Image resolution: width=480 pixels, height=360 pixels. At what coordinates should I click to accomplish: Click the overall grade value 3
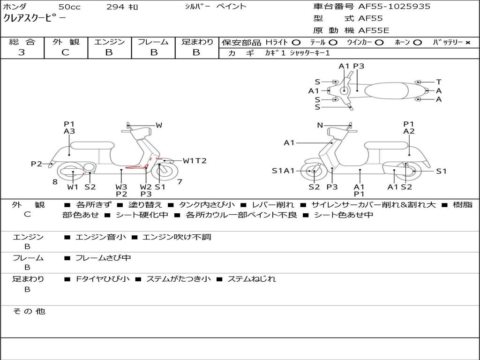22,52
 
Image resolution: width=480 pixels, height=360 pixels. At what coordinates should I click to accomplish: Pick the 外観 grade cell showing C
66,52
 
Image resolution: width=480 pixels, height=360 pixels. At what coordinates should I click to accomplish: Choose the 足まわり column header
197,42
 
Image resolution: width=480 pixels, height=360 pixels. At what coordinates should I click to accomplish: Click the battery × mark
468,43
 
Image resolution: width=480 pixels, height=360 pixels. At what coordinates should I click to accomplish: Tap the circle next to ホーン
418,43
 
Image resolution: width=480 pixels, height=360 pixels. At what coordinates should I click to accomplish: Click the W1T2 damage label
195,161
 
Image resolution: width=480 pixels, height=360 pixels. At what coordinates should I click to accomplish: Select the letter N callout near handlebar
320,125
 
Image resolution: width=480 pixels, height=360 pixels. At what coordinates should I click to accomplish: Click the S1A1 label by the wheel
283,171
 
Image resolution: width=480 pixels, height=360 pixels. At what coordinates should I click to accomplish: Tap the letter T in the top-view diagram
439,82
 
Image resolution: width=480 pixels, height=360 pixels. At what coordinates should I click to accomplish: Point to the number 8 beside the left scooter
55,182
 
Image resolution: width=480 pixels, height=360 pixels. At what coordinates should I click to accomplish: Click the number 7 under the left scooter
180,182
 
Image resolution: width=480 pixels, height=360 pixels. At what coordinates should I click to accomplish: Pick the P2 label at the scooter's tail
37,164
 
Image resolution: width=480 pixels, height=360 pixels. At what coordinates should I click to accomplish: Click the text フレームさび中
103,258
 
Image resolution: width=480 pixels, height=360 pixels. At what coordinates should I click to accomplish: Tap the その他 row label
29,311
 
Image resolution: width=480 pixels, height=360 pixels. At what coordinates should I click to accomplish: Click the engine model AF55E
374,30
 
